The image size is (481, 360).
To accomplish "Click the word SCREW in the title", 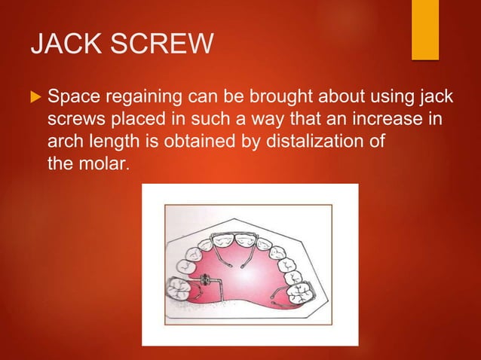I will point(167,47).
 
